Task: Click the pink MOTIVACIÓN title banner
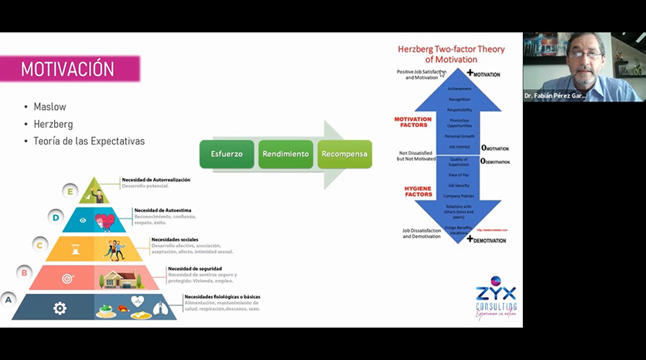point(70,69)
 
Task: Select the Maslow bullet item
point(50,107)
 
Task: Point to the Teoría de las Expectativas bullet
point(88,141)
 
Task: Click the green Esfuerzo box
point(227,154)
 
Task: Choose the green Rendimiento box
point(285,154)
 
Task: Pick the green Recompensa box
point(345,154)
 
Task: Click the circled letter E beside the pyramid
point(72,190)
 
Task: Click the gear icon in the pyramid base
point(60,308)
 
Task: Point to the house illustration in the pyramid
point(118,278)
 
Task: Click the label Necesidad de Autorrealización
point(156,180)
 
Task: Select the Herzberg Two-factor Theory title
point(451,54)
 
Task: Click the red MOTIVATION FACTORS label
point(412,122)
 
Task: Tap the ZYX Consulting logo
point(496,299)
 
